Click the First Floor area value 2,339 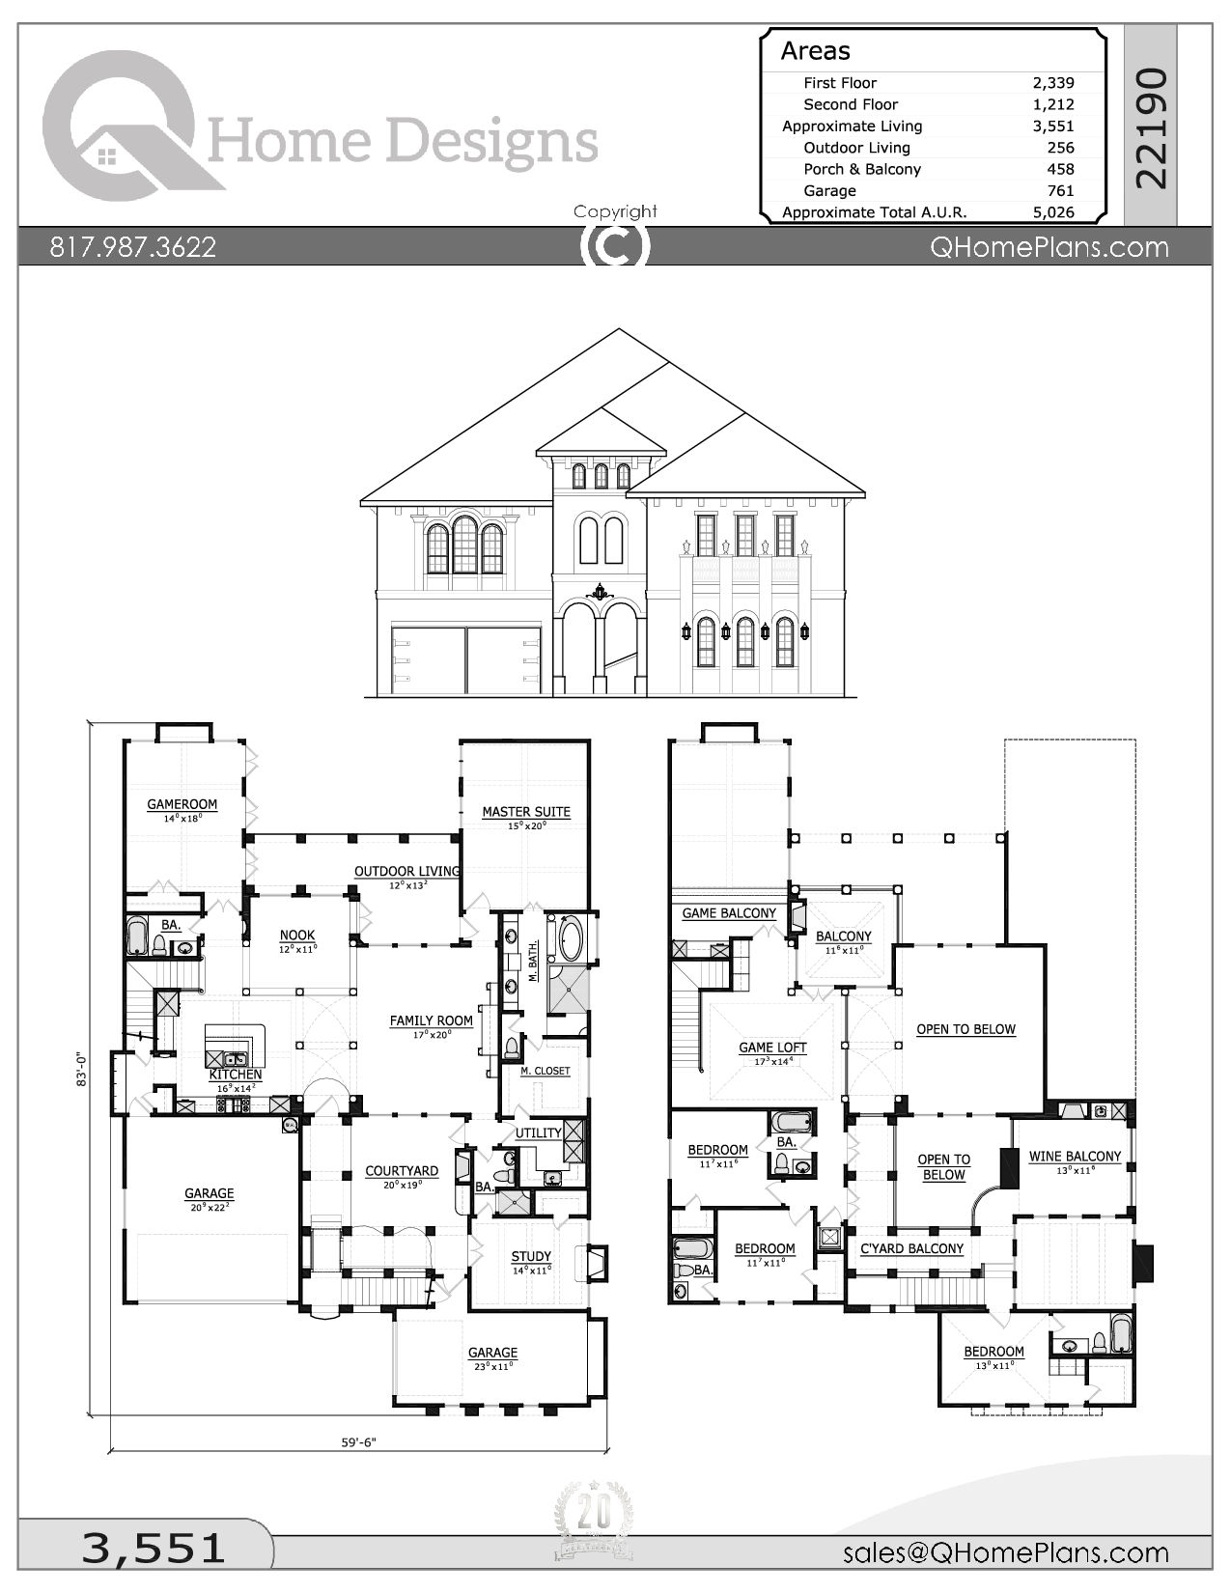click(x=1052, y=83)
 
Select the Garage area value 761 click(x=1060, y=191)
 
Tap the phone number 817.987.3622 click(x=133, y=247)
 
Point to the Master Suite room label click(x=526, y=812)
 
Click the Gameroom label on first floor click(x=182, y=804)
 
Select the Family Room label click(x=431, y=1020)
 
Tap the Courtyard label click(x=402, y=1171)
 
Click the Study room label click(x=531, y=1256)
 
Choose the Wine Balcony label click(x=1075, y=1156)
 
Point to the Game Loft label click(x=772, y=1048)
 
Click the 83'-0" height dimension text click(x=82, y=1070)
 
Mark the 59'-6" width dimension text click(x=358, y=1442)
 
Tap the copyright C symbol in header click(x=614, y=245)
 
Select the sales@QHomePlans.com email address click(x=1005, y=1551)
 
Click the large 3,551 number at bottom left click(x=153, y=1548)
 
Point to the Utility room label click(x=538, y=1132)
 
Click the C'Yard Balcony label click(x=911, y=1248)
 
